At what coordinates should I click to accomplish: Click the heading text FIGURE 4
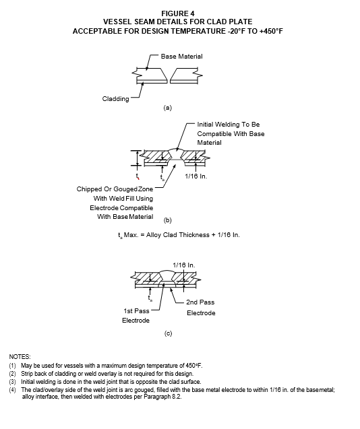[x=177, y=13]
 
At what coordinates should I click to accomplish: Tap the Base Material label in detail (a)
[x=181, y=57]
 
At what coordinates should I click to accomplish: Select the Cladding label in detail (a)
[x=115, y=99]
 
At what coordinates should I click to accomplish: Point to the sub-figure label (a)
[x=167, y=108]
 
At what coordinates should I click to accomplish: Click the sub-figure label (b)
[x=167, y=220]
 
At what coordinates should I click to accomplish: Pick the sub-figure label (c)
[x=168, y=333]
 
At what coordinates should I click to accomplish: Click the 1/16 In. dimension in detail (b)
[x=196, y=176]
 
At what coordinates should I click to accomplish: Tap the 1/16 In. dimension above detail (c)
[x=184, y=265]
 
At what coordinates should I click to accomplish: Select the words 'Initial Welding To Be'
[x=229, y=125]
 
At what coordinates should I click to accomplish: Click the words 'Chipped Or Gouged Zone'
[x=115, y=189]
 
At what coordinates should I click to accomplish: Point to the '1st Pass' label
[x=136, y=311]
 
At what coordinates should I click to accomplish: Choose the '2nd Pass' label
[x=200, y=302]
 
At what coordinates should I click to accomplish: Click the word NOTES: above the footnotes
[x=20, y=357]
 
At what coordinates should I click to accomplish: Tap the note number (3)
[x=13, y=382]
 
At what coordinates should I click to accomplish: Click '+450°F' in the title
[x=271, y=31]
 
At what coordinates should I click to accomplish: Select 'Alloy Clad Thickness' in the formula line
[x=178, y=235]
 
